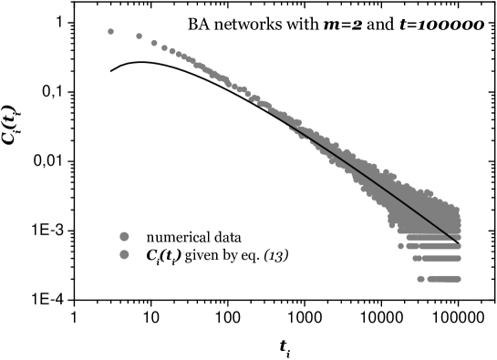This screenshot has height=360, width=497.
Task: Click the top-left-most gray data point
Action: tap(110, 31)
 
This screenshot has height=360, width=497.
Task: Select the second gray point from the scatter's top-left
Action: tap(139, 36)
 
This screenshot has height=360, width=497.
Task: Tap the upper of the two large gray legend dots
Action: tap(124, 237)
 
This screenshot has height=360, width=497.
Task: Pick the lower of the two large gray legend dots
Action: tap(124, 254)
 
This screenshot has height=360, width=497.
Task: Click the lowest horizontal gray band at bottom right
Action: tap(444, 279)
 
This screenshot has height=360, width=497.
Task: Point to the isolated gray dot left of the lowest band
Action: tap(420, 279)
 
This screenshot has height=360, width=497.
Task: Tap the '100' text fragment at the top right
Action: tap(435, 26)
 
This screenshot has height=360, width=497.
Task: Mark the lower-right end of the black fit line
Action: tap(455, 240)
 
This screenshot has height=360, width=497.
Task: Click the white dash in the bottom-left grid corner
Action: tap(114, 263)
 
